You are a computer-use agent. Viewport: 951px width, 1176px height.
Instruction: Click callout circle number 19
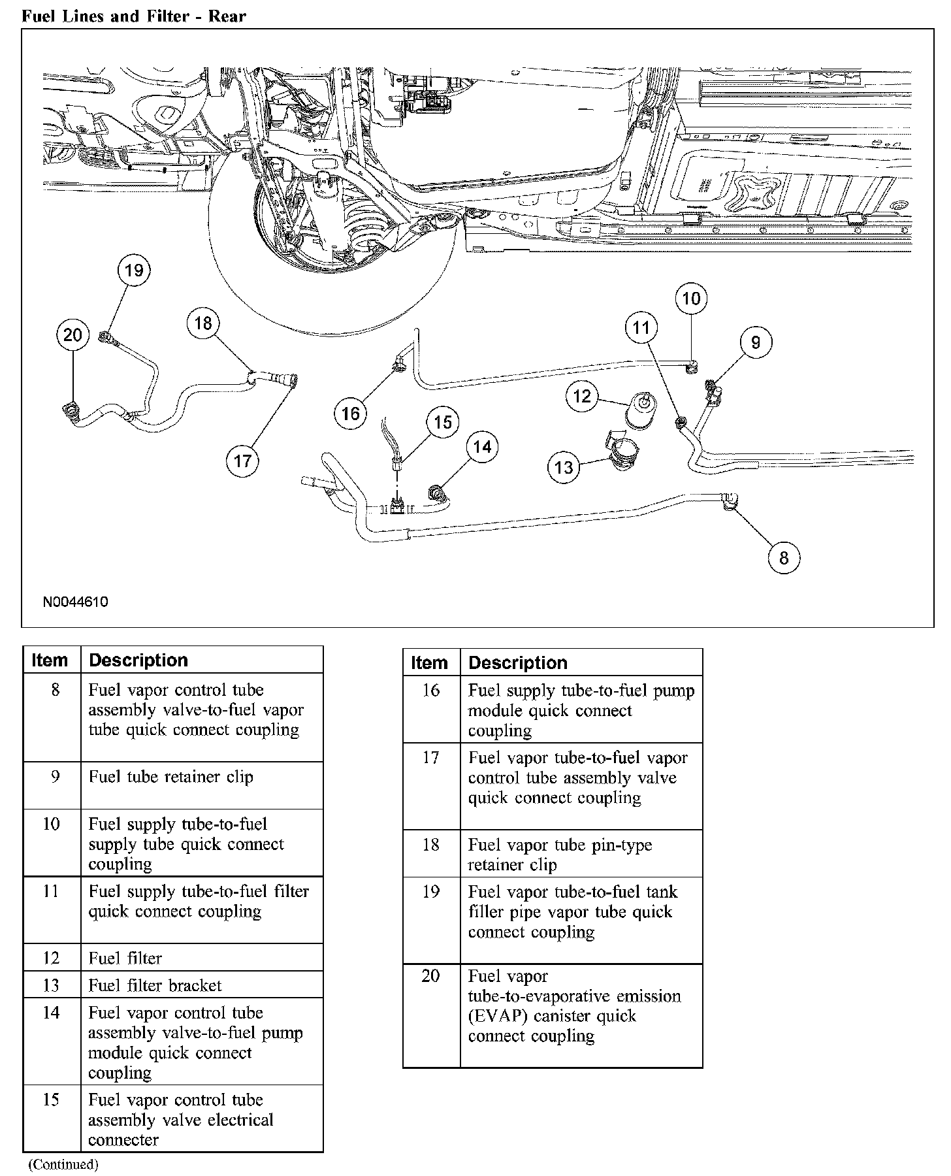134,270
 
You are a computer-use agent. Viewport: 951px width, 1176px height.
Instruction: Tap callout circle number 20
73,335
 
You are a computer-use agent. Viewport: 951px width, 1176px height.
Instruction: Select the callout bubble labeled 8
784,557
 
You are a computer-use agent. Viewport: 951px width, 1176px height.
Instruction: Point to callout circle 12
582,396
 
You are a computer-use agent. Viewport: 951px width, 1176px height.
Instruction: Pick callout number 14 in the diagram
482,447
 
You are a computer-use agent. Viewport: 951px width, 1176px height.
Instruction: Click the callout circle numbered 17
242,461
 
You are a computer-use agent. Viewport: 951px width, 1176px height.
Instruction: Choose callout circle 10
691,299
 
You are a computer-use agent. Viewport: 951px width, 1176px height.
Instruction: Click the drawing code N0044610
76,602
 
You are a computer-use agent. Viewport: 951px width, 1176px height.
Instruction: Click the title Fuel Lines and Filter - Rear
134,16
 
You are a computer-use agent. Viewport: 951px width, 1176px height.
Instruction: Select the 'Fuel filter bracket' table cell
155,985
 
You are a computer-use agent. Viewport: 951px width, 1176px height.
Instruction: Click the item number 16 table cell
431,691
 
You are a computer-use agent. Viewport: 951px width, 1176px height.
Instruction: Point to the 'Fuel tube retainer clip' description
170,777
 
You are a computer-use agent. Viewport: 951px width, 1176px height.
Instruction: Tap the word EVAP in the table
487,1017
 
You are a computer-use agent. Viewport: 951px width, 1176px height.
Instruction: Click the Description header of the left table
138,661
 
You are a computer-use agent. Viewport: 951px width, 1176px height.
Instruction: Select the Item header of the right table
429,663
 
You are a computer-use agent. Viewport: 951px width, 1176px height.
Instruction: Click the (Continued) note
63,1164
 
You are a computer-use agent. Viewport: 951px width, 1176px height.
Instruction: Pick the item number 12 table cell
52,958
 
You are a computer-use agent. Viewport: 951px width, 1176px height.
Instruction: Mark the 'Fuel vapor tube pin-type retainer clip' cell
560,855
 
